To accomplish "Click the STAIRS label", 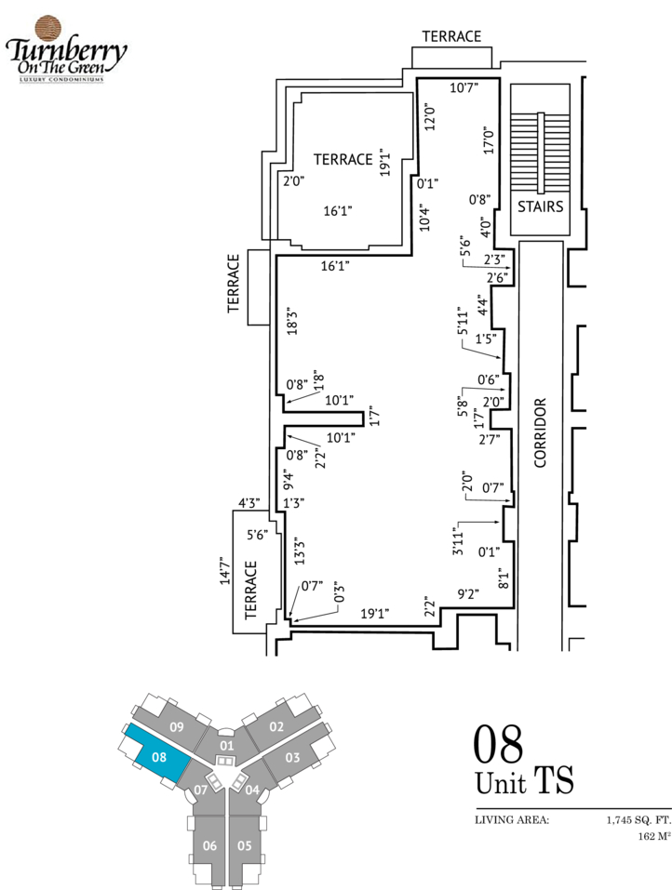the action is [540, 206].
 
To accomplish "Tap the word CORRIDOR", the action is [540, 432].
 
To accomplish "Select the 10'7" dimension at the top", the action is [464, 87].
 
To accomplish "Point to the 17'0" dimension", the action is [489, 140].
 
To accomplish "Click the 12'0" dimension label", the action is [430, 116].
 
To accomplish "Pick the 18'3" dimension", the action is [292, 321].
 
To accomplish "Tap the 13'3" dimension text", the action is [300, 551].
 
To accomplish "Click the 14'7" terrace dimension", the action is [225, 570].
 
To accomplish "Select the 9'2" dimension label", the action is [469, 594].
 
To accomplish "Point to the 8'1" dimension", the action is [504, 578].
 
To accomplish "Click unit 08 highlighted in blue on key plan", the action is [159, 757].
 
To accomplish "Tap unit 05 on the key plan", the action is [244, 845].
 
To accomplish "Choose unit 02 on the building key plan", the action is [276, 727].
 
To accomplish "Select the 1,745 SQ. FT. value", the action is [638, 820].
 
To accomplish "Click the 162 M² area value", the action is [654, 837].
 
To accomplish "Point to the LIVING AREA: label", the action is [512, 820].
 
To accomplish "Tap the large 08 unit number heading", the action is [498, 744].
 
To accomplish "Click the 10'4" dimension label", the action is [424, 218].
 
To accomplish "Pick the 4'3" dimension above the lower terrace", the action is [249, 503].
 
